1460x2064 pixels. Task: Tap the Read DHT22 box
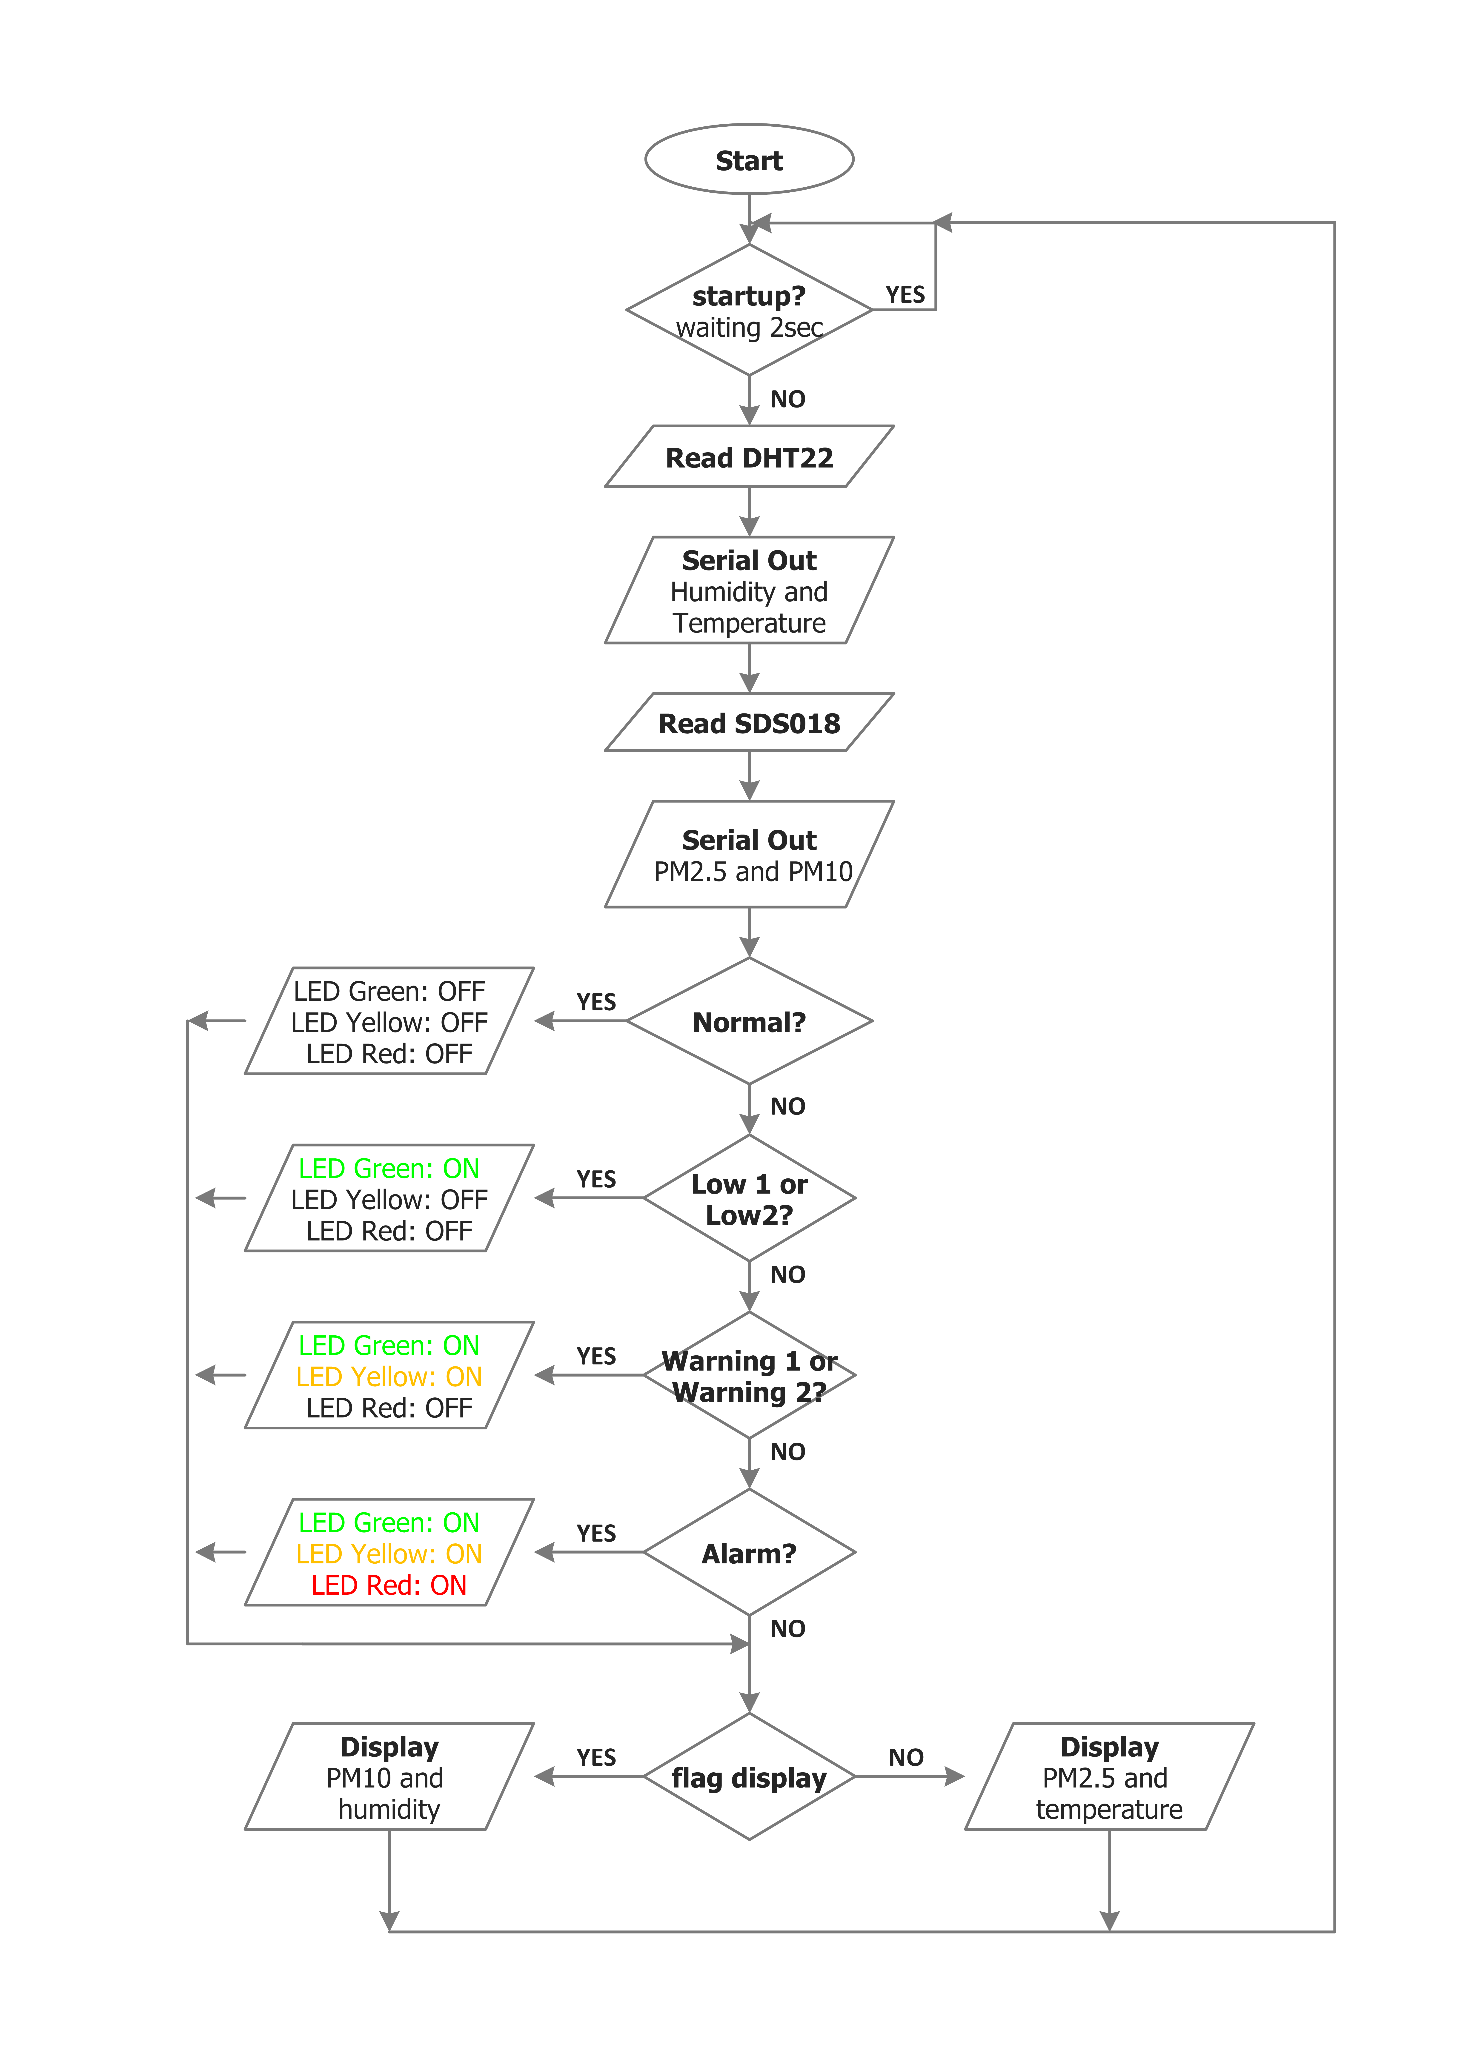(x=749, y=457)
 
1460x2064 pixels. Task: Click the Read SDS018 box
(x=749, y=722)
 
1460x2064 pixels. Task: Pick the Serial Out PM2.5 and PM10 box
(x=749, y=854)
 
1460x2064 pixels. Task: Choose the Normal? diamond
(x=749, y=1021)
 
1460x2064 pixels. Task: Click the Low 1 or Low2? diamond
(x=749, y=1198)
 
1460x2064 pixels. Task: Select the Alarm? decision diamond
(x=749, y=1553)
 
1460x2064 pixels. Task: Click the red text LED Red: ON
(x=389, y=1585)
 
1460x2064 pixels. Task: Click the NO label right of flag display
(x=906, y=1757)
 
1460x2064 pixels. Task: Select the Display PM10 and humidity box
(x=389, y=1776)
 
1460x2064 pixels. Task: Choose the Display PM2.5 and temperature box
(x=1109, y=1776)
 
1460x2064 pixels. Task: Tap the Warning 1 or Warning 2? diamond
(x=749, y=1375)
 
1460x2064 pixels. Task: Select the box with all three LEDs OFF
(x=389, y=1021)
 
